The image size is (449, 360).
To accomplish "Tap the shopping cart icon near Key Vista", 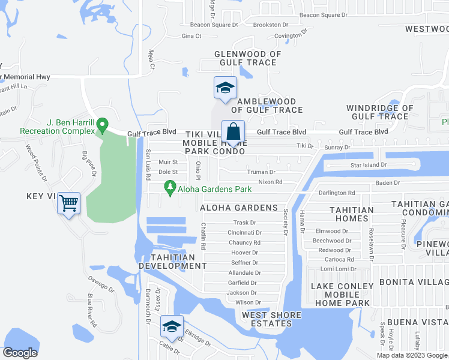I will pos(69,204).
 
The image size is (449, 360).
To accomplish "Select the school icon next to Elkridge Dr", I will pos(172,327).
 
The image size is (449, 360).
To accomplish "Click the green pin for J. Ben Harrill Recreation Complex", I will pos(103,125).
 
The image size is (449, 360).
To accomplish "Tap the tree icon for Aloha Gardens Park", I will pos(170,189).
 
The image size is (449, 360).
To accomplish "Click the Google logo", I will pos(20,353).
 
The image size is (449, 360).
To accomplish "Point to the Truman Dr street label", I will pos(261,172).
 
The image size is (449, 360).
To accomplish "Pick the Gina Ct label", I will pos(191,36).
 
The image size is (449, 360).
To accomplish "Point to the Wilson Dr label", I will pos(248,302).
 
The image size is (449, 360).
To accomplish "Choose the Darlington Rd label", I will pos(337,193).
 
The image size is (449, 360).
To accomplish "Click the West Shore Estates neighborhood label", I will pos(267,319).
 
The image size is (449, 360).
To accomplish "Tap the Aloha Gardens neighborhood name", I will pos(239,208).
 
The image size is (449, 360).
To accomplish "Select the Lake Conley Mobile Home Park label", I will pos(340,295).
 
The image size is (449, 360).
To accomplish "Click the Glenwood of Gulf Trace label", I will pos(248,58).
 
